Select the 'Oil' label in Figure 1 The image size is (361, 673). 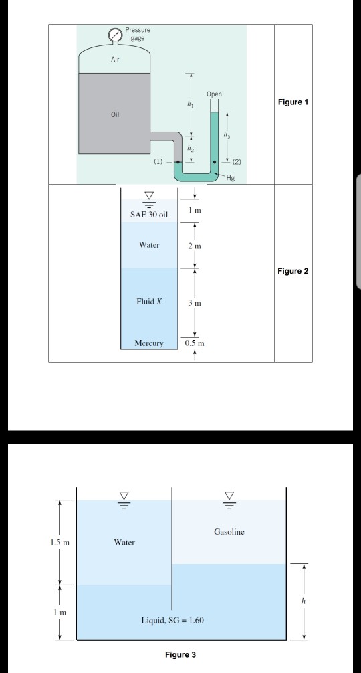[x=115, y=114]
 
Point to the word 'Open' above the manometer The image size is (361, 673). [x=215, y=94]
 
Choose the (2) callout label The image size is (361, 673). [x=235, y=162]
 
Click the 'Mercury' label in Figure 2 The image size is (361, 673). [x=149, y=343]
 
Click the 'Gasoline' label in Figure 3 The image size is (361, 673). [x=229, y=532]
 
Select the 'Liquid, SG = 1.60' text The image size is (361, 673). [x=173, y=620]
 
